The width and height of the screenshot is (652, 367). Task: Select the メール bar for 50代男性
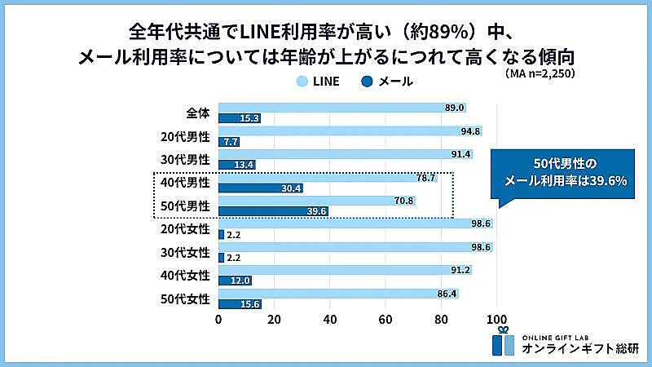pyautogui.click(x=274, y=211)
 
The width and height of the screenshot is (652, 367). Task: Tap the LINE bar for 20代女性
pyautogui.click(x=355, y=223)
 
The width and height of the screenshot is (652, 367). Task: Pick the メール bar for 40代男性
pyautogui.click(x=261, y=188)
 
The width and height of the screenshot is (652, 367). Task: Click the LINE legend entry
pyautogui.click(x=319, y=81)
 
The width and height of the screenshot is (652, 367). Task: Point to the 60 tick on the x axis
pyautogui.click(x=385, y=319)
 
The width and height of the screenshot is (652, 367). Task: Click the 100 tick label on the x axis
pyautogui.click(x=496, y=319)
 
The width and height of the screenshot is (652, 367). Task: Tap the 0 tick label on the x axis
pyautogui.click(x=218, y=319)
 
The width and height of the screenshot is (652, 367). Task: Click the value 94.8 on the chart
pyautogui.click(x=470, y=131)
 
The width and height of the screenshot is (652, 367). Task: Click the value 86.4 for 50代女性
pyautogui.click(x=447, y=292)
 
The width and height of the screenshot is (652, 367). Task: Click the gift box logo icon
pyautogui.click(x=503, y=343)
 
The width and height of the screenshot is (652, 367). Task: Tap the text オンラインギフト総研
pyautogui.click(x=575, y=349)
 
